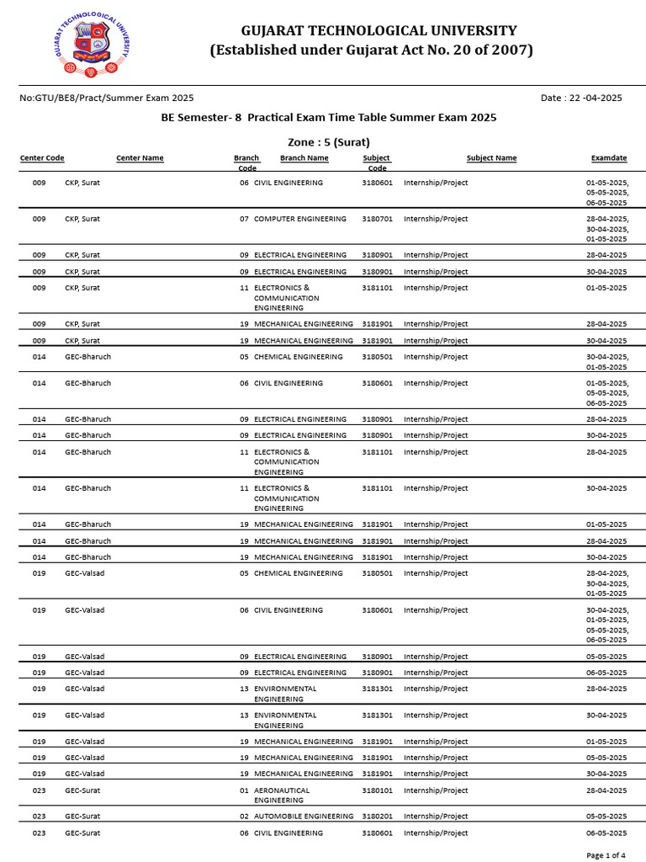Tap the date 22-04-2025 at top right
tap(581, 98)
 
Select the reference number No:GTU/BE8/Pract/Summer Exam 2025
tap(106, 98)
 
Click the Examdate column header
tap(609, 158)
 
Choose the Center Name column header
tap(140, 158)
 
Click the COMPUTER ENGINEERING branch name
tap(299, 219)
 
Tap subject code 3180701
tap(377, 219)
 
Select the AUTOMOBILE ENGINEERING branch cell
tap(303, 817)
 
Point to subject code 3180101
tap(377, 790)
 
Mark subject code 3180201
tap(377, 817)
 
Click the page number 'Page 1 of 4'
tap(606, 855)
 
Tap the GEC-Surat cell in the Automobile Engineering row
tap(82, 817)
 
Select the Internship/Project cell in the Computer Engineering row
tap(436, 219)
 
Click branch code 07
tap(244, 219)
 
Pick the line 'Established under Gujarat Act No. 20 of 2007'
tap(371, 51)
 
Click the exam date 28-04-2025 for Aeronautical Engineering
tap(606, 790)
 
